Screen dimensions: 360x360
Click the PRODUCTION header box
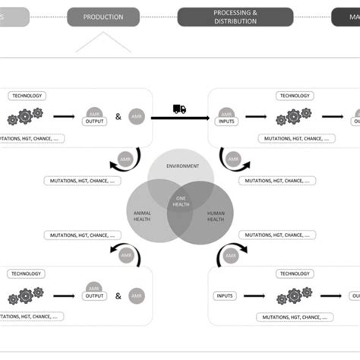click(x=103, y=17)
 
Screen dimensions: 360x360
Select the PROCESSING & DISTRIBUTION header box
click(x=235, y=17)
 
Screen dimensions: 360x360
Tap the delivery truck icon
click(x=179, y=109)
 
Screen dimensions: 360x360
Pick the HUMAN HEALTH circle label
click(x=216, y=216)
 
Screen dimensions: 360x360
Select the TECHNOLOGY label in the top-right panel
click(x=295, y=96)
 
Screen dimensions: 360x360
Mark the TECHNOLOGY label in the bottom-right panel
click(x=295, y=273)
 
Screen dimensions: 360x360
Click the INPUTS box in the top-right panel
click(x=226, y=120)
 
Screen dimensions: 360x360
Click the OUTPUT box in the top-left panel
click(x=95, y=120)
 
